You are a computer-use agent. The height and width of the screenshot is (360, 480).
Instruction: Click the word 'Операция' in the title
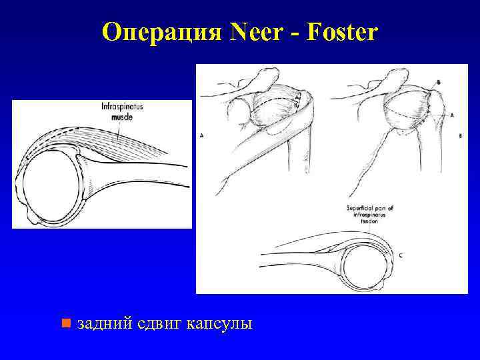(x=161, y=32)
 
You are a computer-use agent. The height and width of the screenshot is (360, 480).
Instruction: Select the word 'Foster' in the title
(x=343, y=32)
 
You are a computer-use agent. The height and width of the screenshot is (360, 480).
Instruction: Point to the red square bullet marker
(x=65, y=324)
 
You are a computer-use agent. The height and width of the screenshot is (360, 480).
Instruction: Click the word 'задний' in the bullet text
(x=103, y=325)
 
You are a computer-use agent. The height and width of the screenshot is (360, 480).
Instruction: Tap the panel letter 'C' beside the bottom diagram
(x=399, y=256)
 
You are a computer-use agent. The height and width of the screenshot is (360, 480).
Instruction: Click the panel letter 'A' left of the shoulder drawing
(x=201, y=135)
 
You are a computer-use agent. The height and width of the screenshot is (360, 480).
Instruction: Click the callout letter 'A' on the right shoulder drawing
(x=452, y=115)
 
